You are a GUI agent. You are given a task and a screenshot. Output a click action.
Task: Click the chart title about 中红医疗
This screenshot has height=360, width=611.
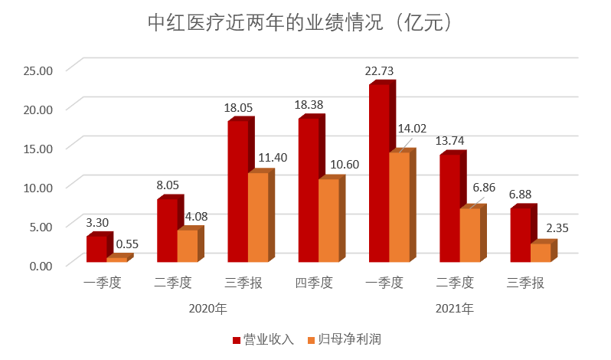coord(304,22)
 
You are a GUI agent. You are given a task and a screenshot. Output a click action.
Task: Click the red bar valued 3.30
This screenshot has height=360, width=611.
coord(96,250)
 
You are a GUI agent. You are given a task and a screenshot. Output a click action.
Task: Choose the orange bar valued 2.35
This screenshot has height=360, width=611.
coord(541,254)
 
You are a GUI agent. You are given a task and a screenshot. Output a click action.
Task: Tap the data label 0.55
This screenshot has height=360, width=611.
coord(127,244)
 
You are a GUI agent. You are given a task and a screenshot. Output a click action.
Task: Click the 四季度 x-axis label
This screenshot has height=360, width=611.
coord(314,283)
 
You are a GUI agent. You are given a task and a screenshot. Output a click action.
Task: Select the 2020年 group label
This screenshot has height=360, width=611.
coord(207,309)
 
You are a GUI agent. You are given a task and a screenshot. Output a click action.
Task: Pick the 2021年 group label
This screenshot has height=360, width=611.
coord(455,309)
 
